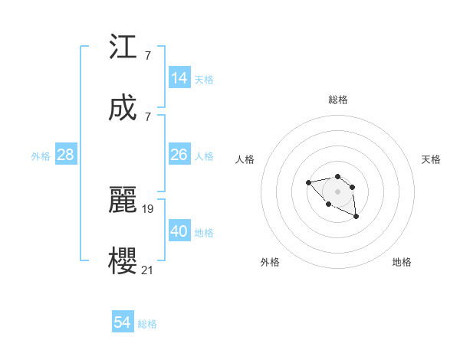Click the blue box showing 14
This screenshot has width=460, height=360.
(x=179, y=78)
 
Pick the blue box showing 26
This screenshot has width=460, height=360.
(x=179, y=155)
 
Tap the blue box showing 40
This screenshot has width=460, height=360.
(x=179, y=231)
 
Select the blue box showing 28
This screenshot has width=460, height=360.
(x=66, y=155)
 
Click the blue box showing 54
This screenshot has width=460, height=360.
(x=123, y=322)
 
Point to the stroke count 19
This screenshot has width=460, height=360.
(x=149, y=208)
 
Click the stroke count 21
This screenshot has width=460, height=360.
(x=149, y=269)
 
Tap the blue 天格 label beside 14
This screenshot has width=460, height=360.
(x=204, y=80)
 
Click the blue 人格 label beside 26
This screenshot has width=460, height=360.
(x=204, y=156)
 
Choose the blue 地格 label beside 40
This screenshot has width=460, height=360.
(x=204, y=233)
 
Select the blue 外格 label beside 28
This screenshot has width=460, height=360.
(x=41, y=156)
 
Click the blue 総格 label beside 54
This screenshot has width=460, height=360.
(x=147, y=324)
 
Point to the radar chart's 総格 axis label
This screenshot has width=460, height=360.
(x=338, y=100)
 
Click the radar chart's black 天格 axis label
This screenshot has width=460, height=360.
(x=431, y=159)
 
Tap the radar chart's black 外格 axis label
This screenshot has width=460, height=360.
(x=270, y=262)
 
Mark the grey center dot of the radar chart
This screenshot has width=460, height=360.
(x=337, y=191)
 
